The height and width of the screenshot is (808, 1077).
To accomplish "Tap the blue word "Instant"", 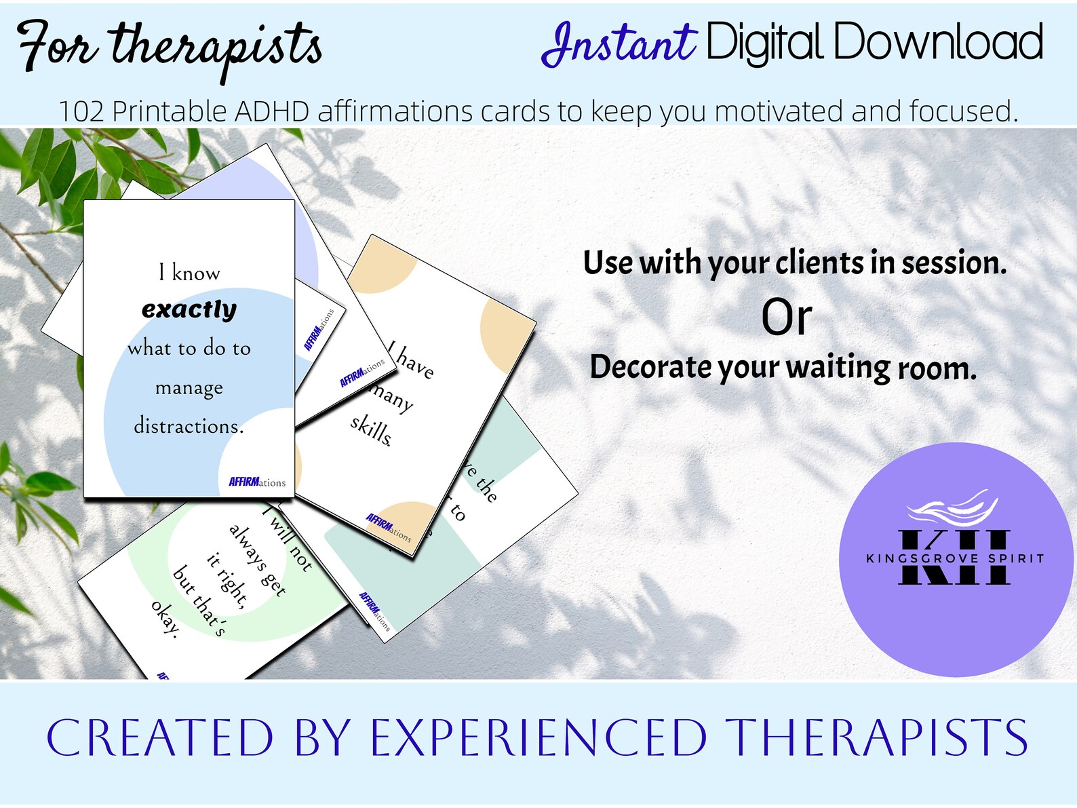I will [618, 43].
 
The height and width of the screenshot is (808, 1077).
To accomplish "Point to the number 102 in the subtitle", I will [81, 111].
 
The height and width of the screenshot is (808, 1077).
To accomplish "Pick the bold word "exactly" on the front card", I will [189, 309].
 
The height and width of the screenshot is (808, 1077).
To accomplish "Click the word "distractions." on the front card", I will [189, 426].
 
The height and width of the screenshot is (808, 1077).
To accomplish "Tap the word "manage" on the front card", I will [189, 388].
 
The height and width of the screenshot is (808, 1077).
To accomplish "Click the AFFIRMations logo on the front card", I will [257, 482].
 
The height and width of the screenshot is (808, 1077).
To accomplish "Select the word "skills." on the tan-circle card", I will [371, 430].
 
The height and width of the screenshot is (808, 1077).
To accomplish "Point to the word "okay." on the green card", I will [165, 619].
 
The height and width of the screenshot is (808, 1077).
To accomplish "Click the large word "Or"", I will [786, 318].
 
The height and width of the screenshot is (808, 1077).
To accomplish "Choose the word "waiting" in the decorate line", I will [838, 368].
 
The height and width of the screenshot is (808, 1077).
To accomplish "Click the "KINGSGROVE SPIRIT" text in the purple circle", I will [955, 558].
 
